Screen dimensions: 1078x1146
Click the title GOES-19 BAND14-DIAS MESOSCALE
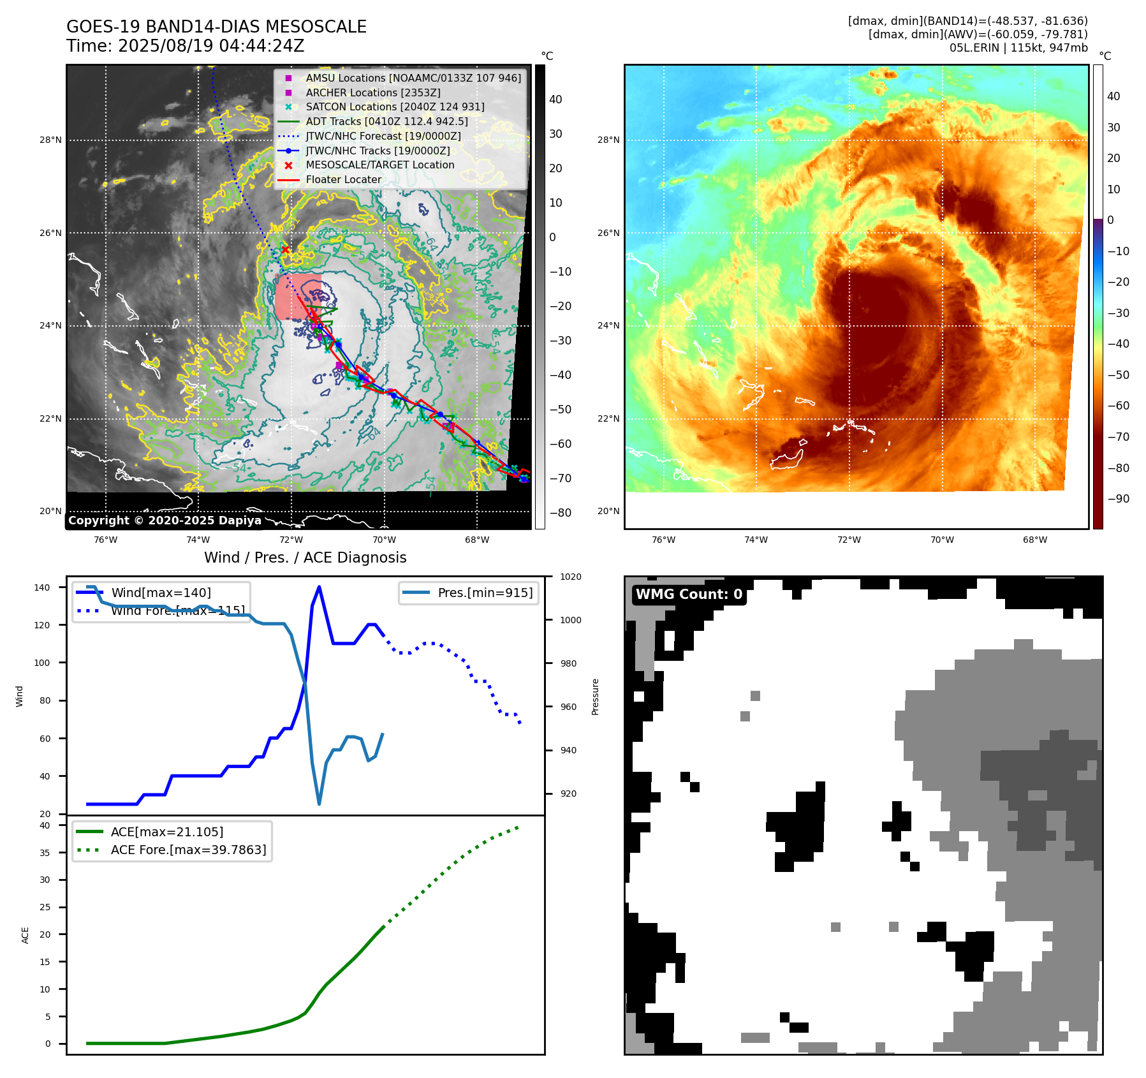[216, 27]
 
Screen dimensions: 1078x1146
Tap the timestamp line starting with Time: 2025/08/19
[185, 46]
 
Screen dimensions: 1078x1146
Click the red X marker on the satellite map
[285, 249]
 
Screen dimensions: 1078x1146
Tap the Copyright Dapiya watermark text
[165, 521]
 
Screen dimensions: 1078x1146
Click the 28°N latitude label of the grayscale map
[50, 140]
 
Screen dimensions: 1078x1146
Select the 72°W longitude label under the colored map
[849, 540]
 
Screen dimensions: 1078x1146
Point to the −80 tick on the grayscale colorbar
[561, 513]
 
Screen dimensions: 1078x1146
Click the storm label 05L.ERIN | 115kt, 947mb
[1018, 48]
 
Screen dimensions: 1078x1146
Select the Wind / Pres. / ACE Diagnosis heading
[305, 557]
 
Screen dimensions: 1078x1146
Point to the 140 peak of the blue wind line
[319, 587]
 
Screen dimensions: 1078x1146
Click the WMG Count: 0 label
[689, 594]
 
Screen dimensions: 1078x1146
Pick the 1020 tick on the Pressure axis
[571, 577]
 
